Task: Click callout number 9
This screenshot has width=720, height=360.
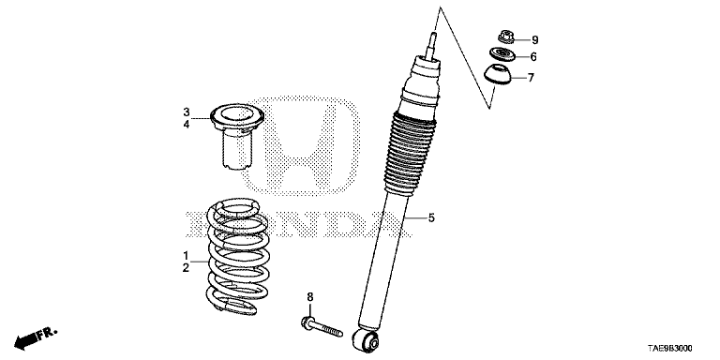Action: (x=535, y=40)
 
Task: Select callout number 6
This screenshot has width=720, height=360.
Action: (x=533, y=57)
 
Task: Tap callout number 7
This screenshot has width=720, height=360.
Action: (x=531, y=78)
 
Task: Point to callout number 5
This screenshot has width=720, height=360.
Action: (x=431, y=217)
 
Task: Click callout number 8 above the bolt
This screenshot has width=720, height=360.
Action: (x=310, y=297)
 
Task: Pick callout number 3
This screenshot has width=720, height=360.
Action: (x=187, y=112)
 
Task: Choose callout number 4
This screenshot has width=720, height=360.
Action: (x=187, y=124)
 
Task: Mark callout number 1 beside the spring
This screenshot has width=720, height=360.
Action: (x=186, y=255)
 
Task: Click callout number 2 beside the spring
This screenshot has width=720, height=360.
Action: (x=186, y=268)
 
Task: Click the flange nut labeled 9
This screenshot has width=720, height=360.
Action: (x=505, y=37)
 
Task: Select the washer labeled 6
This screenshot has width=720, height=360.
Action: (x=502, y=54)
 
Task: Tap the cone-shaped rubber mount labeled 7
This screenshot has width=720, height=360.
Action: (x=498, y=75)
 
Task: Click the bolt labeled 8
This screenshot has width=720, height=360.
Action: (x=322, y=326)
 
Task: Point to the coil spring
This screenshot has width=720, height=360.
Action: (x=237, y=256)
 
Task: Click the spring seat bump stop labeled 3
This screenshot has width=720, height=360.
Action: (x=237, y=136)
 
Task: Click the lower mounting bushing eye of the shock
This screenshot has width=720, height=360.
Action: (x=366, y=341)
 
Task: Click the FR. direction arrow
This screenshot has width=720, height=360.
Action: (x=35, y=338)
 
